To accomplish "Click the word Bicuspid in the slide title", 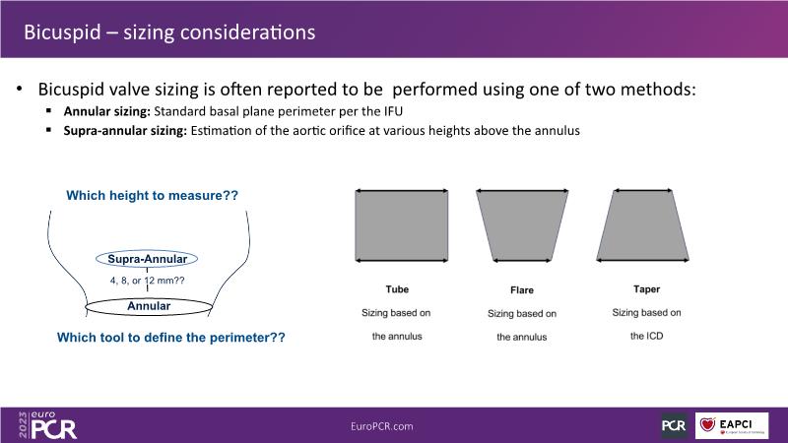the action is tap(62, 32).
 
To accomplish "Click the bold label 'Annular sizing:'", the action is tap(106, 111).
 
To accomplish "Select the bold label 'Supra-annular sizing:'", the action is tap(125, 131).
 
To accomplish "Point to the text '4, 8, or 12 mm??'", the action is tap(147, 281).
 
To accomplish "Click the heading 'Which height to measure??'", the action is tap(153, 195).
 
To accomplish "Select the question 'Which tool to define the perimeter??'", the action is tap(170, 337).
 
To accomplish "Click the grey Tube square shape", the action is tap(402, 225).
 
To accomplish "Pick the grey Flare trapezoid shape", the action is tap(522, 225).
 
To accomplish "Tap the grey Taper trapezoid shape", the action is tap(643, 225).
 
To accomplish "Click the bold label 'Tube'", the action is tap(397, 289).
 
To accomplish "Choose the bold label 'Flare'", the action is tap(522, 290).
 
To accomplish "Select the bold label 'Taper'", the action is tap(646, 289).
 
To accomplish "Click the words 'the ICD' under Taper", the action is tap(646, 336).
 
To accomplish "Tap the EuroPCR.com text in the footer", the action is tap(382, 426).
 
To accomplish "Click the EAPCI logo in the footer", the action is tap(732, 426).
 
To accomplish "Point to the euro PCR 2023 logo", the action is tap(47, 425).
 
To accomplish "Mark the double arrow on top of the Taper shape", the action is tap(643, 190).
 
